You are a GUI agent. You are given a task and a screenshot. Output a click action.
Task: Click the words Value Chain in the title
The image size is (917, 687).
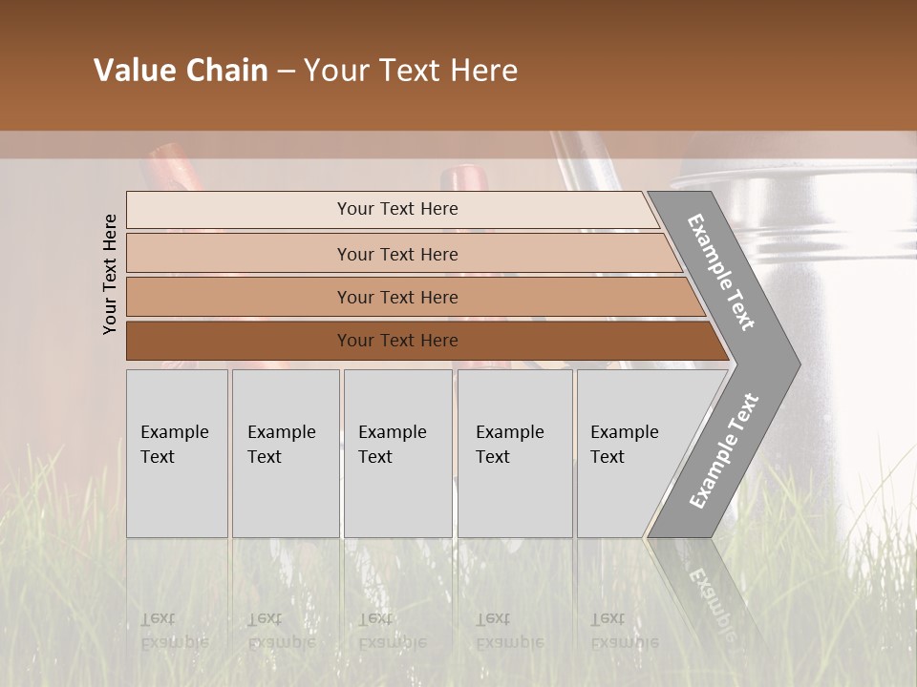(x=181, y=71)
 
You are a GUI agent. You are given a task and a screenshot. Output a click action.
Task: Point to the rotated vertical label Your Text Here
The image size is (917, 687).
(x=110, y=274)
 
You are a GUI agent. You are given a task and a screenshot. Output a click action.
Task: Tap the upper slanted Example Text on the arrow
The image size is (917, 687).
(x=721, y=272)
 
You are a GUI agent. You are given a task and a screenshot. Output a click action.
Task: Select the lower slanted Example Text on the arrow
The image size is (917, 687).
(x=723, y=451)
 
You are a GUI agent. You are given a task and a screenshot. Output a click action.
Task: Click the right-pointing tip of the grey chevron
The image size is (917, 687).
(x=793, y=364)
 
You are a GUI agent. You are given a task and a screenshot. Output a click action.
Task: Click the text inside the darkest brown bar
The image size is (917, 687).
(x=397, y=341)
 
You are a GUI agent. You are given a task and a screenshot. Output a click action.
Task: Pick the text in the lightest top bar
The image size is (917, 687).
(x=397, y=209)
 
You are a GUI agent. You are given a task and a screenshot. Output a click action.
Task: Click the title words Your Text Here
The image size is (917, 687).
(x=410, y=71)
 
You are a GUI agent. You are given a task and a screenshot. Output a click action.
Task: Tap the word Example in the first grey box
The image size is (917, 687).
(x=174, y=432)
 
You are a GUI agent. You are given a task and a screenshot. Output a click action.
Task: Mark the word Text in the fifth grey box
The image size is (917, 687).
(x=608, y=457)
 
